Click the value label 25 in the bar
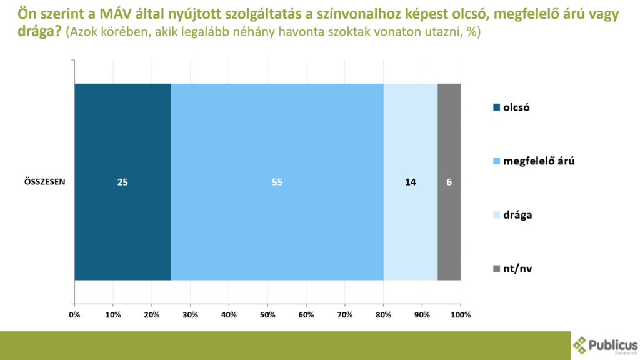122,182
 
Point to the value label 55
277,182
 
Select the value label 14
410,182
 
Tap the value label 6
449,182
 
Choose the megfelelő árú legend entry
533,161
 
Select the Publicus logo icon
581,345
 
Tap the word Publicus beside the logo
614,344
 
